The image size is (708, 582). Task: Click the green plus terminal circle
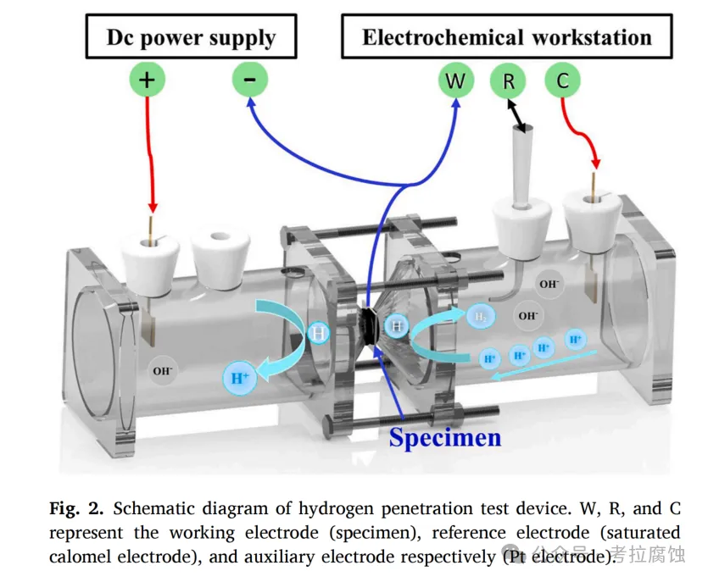(147, 80)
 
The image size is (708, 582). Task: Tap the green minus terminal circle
(250, 80)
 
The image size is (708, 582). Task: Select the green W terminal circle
(455, 81)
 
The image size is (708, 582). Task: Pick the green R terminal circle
(509, 81)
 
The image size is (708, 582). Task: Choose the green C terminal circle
(562, 81)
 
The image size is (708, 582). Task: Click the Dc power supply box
(190, 37)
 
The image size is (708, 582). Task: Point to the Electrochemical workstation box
(506, 37)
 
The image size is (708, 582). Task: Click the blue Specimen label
(445, 437)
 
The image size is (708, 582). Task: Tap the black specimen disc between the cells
(371, 326)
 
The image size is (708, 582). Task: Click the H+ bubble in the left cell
(239, 378)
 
